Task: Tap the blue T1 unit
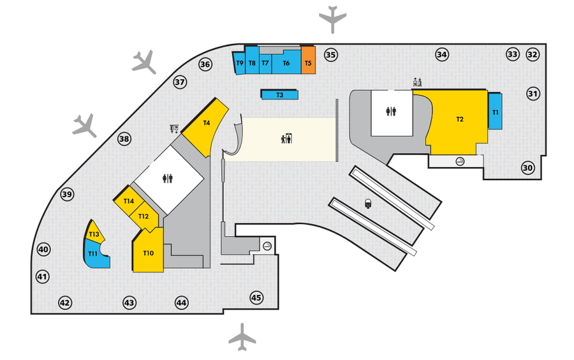(496, 112)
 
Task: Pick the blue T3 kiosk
(279, 94)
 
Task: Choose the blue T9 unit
(240, 63)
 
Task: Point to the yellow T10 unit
(149, 253)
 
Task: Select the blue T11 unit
(93, 255)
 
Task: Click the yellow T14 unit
(129, 201)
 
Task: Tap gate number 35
(330, 55)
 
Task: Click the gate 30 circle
(527, 169)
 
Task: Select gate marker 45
(256, 297)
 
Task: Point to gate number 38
(124, 139)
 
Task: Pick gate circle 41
(42, 277)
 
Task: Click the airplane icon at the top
(332, 19)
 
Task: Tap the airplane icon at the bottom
(242, 336)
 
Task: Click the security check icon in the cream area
(286, 138)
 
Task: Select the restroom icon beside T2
(392, 111)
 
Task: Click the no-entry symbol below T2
(460, 162)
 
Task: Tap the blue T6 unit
(286, 63)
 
